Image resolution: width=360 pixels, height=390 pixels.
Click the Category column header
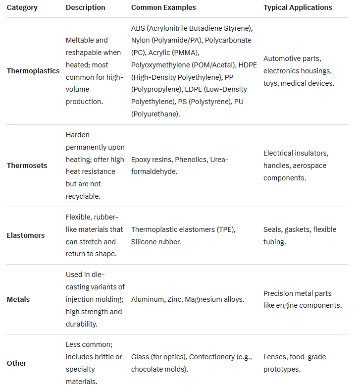23,7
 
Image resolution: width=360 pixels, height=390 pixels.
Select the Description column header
85,7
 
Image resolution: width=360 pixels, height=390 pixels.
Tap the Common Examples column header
163,7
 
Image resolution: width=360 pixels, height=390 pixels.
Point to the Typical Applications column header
298,7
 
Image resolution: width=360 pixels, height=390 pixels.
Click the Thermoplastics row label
33,71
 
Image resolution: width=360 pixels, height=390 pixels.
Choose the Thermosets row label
27,166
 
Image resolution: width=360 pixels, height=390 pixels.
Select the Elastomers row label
26,235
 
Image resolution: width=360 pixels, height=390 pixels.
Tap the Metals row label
18,299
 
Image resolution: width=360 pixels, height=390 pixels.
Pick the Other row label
16,363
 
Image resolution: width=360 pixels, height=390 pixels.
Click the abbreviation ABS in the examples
138,28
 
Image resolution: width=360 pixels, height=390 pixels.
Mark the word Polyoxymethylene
159,65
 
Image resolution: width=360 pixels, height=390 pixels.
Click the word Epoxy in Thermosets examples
141,160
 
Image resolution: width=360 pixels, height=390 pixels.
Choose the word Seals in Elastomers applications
273,229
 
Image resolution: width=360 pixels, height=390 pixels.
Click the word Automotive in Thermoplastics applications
282,58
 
